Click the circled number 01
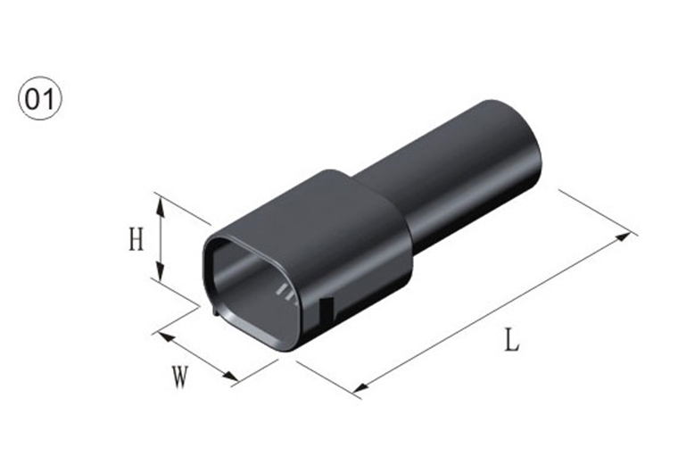40,99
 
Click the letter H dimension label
136,240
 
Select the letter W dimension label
180,377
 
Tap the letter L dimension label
512,340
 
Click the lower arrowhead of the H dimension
161,271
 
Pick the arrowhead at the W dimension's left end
168,336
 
